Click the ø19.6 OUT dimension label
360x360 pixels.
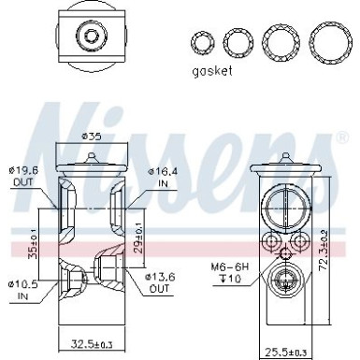coord(26,176)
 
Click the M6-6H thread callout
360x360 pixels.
coord(228,267)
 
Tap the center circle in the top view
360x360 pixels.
coord(92,37)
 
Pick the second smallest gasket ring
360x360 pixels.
coord(236,42)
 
